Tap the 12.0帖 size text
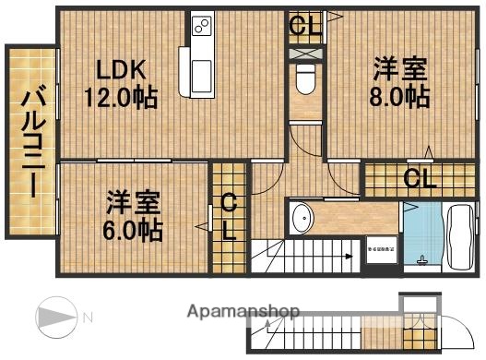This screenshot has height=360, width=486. coord(121,96)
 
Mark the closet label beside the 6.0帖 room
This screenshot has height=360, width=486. coord(229,217)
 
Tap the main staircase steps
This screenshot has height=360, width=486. coord(304,255)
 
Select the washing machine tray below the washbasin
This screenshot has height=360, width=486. coord(380,248)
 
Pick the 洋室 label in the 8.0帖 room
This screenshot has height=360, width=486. coord(399,67)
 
